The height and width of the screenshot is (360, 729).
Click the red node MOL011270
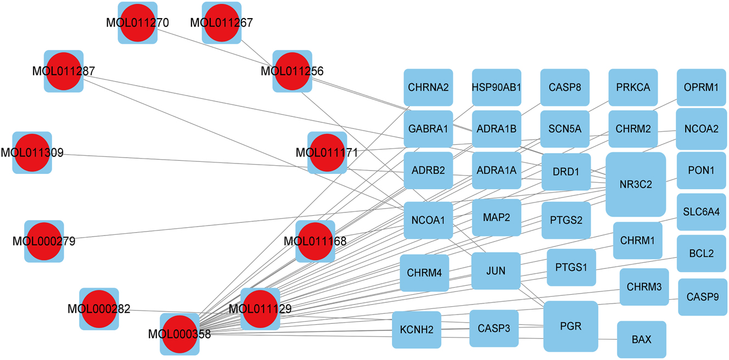tap(138, 23)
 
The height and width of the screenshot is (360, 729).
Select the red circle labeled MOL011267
tap(222, 23)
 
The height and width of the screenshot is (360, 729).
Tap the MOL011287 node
tap(64, 71)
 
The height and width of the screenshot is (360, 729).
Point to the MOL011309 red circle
tap(32, 153)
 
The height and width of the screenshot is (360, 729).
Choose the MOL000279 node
tap(44, 241)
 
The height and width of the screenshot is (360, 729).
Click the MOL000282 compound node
tap(99, 309)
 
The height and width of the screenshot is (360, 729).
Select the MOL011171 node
tap(327, 153)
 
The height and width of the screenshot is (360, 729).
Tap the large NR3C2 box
tap(636, 184)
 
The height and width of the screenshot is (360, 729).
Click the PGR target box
tap(570, 326)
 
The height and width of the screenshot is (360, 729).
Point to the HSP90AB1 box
tap(496, 87)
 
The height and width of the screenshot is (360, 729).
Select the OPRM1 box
tap(701, 87)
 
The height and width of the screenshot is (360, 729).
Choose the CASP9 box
tap(702, 297)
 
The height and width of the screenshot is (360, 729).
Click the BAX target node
tap(641, 340)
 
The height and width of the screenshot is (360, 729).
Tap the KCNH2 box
tap(416, 330)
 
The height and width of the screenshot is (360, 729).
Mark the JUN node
tap(496, 271)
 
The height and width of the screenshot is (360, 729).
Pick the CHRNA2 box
tap(428, 87)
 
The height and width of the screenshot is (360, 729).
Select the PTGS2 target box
tap(566, 220)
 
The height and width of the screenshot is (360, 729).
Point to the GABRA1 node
tap(428, 129)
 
